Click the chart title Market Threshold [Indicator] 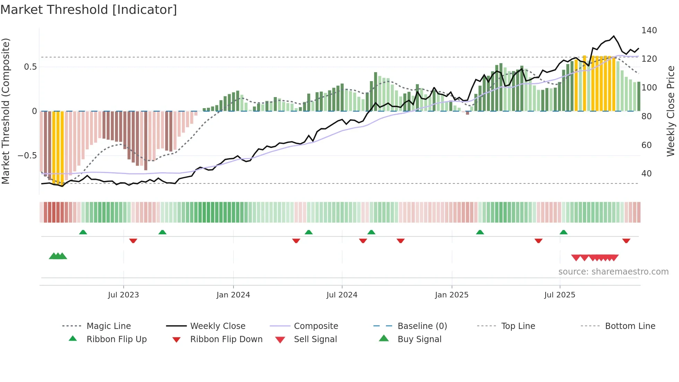pos(89,10)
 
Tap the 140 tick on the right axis pos(649,31)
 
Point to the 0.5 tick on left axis pos(30,67)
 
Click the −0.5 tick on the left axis pos(27,156)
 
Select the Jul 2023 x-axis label pos(123,295)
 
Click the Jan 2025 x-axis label pos(451,295)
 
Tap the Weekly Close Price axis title pos(671,111)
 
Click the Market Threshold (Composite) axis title pos(6,111)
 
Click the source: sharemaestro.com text pos(613,272)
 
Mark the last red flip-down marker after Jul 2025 pos(626,241)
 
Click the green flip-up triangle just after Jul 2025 pos(563,232)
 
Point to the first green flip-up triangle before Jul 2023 pos(83,232)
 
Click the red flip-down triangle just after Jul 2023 pos(133,241)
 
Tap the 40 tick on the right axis pos(646,174)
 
